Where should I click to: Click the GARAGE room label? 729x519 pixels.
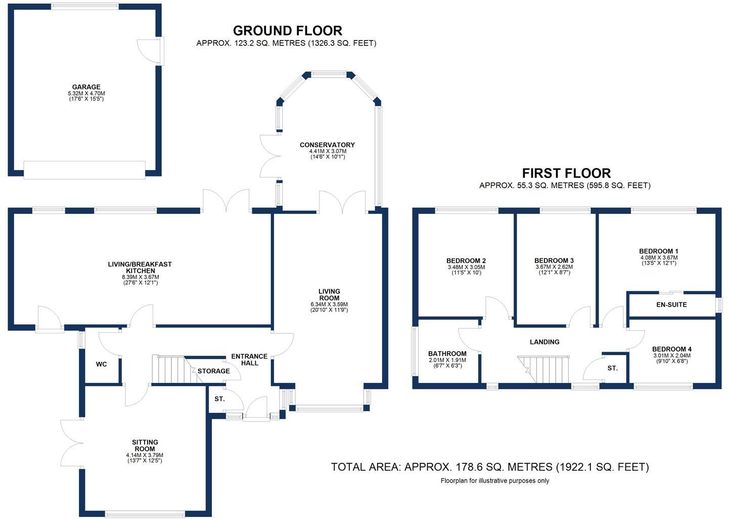coord(86,87)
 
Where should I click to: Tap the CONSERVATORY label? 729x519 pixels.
coord(327,145)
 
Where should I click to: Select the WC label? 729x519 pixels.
coord(102,364)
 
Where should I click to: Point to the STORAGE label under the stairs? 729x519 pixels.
coord(213,371)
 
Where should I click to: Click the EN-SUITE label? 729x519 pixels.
coord(671,305)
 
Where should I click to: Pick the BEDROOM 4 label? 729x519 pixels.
coord(671,349)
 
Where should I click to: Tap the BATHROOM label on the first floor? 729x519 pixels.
coord(447,354)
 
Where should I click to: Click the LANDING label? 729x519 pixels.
coord(544,342)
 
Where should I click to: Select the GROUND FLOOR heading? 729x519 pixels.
coord(287,31)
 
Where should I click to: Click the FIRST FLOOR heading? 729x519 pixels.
coord(566,174)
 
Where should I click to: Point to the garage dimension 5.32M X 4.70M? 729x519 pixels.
coord(86,94)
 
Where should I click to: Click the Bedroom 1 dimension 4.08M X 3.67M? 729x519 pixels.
coord(658,257)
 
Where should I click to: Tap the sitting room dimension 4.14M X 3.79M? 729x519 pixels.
coord(145,455)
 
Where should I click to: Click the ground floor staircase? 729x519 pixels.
coord(169,370)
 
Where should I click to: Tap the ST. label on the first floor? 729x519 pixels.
coord(612,368)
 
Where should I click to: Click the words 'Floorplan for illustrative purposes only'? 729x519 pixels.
coord(494,481)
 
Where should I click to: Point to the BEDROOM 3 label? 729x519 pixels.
coord(554,261)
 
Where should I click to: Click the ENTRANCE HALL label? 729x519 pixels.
coord(249,360)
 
